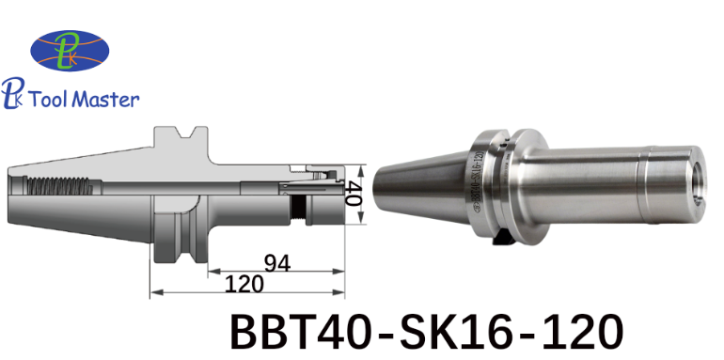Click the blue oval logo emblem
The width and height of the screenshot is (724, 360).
pyautogui.click(x=70, y=51)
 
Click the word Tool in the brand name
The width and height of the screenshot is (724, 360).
pyautogui.click(x=48, y=99)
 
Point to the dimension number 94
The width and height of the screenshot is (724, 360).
pyautogui.click(x=277, y=264)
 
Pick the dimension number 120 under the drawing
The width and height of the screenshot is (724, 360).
pyautogui.click(x=244, y=284)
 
